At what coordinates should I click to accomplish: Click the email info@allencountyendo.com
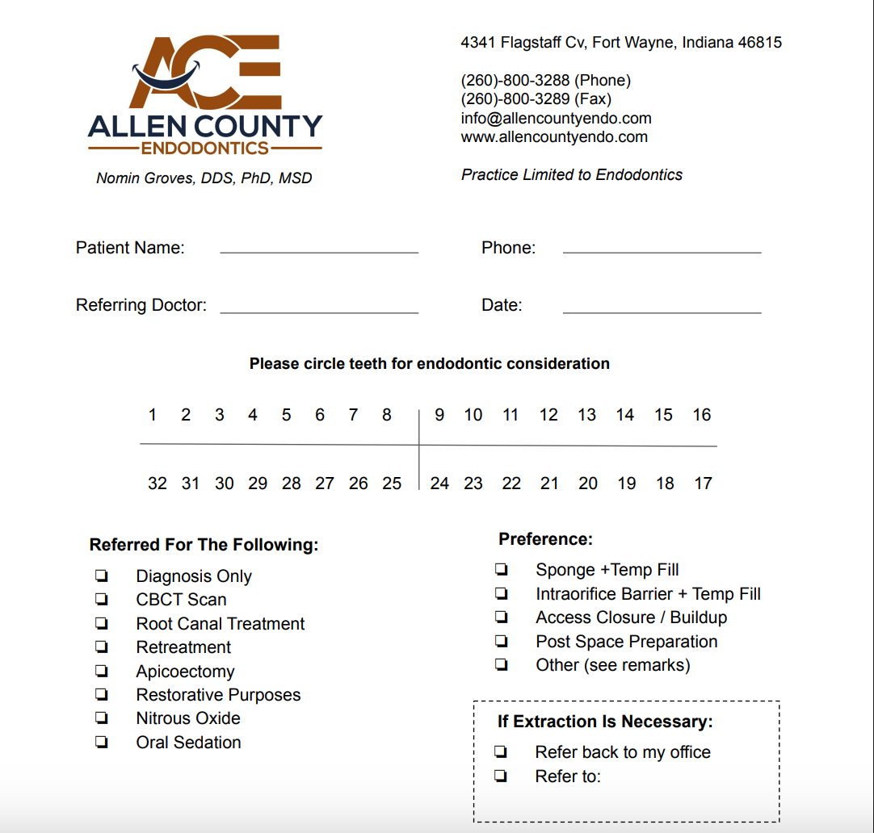(556, 118)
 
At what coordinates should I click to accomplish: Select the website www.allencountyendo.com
(554, 136)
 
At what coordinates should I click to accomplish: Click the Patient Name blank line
(319, 251)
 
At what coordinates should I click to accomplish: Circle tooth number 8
(387, 415)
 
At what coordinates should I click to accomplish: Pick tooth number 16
(701, 415)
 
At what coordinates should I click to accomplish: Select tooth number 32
(158, 483)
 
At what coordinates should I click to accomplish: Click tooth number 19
(626, 483)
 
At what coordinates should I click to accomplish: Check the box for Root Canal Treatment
(102, 623)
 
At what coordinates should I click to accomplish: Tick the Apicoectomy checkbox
(102, 671)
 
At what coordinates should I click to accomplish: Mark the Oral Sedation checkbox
(102, 742)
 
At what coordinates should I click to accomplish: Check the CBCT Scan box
(102, 599)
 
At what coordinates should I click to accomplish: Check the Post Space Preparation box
(502, 642)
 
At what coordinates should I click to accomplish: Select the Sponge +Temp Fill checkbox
(502, 570)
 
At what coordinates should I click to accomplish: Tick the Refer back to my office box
(501, 752)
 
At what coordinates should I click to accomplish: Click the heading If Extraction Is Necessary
(605, 722)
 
